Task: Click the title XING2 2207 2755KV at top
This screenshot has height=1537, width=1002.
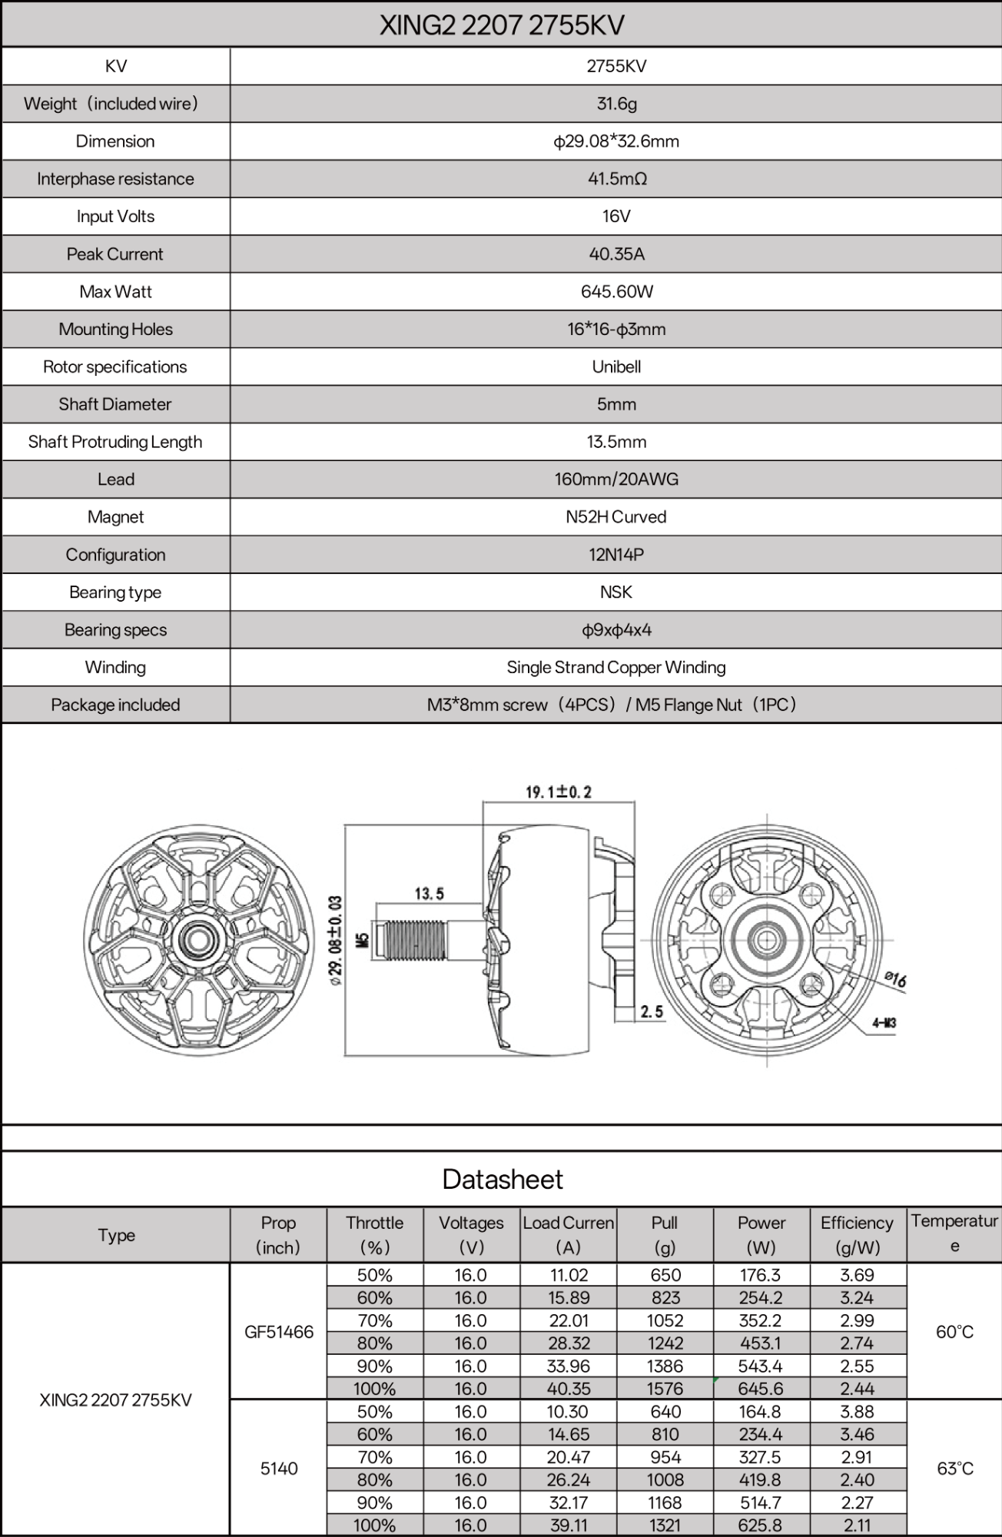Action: (501, 25)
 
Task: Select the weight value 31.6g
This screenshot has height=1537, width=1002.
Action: (616, 104)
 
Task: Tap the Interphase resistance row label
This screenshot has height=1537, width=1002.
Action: (115, 179)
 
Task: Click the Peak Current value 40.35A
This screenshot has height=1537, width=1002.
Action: (616, 254)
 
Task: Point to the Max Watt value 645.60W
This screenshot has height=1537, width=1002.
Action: (616, 292)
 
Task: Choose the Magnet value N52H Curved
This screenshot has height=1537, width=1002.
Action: (616, 517)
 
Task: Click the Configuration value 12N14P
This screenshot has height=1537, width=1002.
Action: (616, 555)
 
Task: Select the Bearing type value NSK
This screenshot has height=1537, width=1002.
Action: (616, 593)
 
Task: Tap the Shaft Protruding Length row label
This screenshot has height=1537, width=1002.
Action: (115, 442)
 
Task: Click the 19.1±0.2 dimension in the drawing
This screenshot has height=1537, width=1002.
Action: (559, 792)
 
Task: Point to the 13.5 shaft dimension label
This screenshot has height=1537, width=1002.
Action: (429, 894)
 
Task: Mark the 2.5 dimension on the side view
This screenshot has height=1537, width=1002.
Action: (652, 1012)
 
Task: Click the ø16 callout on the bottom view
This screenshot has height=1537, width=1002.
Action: (895, 979)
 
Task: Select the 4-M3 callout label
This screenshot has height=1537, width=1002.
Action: (884, 1023)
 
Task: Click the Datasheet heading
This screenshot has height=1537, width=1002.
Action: (503, 1180)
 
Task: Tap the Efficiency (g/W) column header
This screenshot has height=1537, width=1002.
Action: (857, 1235)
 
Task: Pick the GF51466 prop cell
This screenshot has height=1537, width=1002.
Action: (279, 1332)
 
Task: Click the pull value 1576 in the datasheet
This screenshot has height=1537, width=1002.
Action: (665, 1389)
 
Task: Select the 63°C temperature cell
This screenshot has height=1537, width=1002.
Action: (954, 1469)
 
